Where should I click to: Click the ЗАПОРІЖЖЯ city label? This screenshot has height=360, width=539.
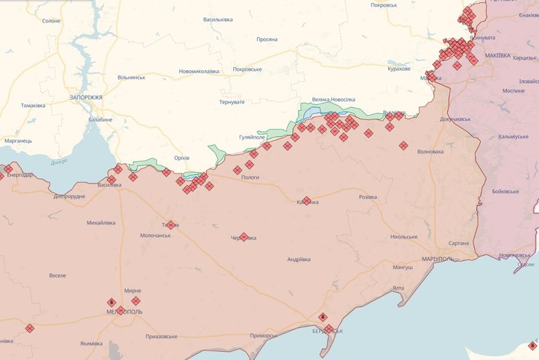(x=86, y=97)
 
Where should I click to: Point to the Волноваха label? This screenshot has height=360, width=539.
(x=430, y=152)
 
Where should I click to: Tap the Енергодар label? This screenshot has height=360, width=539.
(x=20, y=175)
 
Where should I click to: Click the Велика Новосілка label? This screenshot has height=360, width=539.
(x=334, y=99)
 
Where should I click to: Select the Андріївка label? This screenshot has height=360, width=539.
(x=299, y=259)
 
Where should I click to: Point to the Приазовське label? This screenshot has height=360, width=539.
(x=162, y=337)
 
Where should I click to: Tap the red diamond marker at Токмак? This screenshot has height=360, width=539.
(x=171, y=225)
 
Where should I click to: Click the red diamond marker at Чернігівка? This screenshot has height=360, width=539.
(x=244, y=237)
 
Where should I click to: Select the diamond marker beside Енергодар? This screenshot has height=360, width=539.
(x=8, y=169)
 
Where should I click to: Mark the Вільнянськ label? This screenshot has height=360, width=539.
(x=131, y=77)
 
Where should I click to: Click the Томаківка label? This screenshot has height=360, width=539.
(x=33, y=106)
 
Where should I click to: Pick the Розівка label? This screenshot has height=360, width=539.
(x=369, y=197)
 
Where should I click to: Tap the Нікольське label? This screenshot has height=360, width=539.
(x=404, y=237)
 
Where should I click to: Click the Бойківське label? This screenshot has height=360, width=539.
(x=505, y=191)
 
